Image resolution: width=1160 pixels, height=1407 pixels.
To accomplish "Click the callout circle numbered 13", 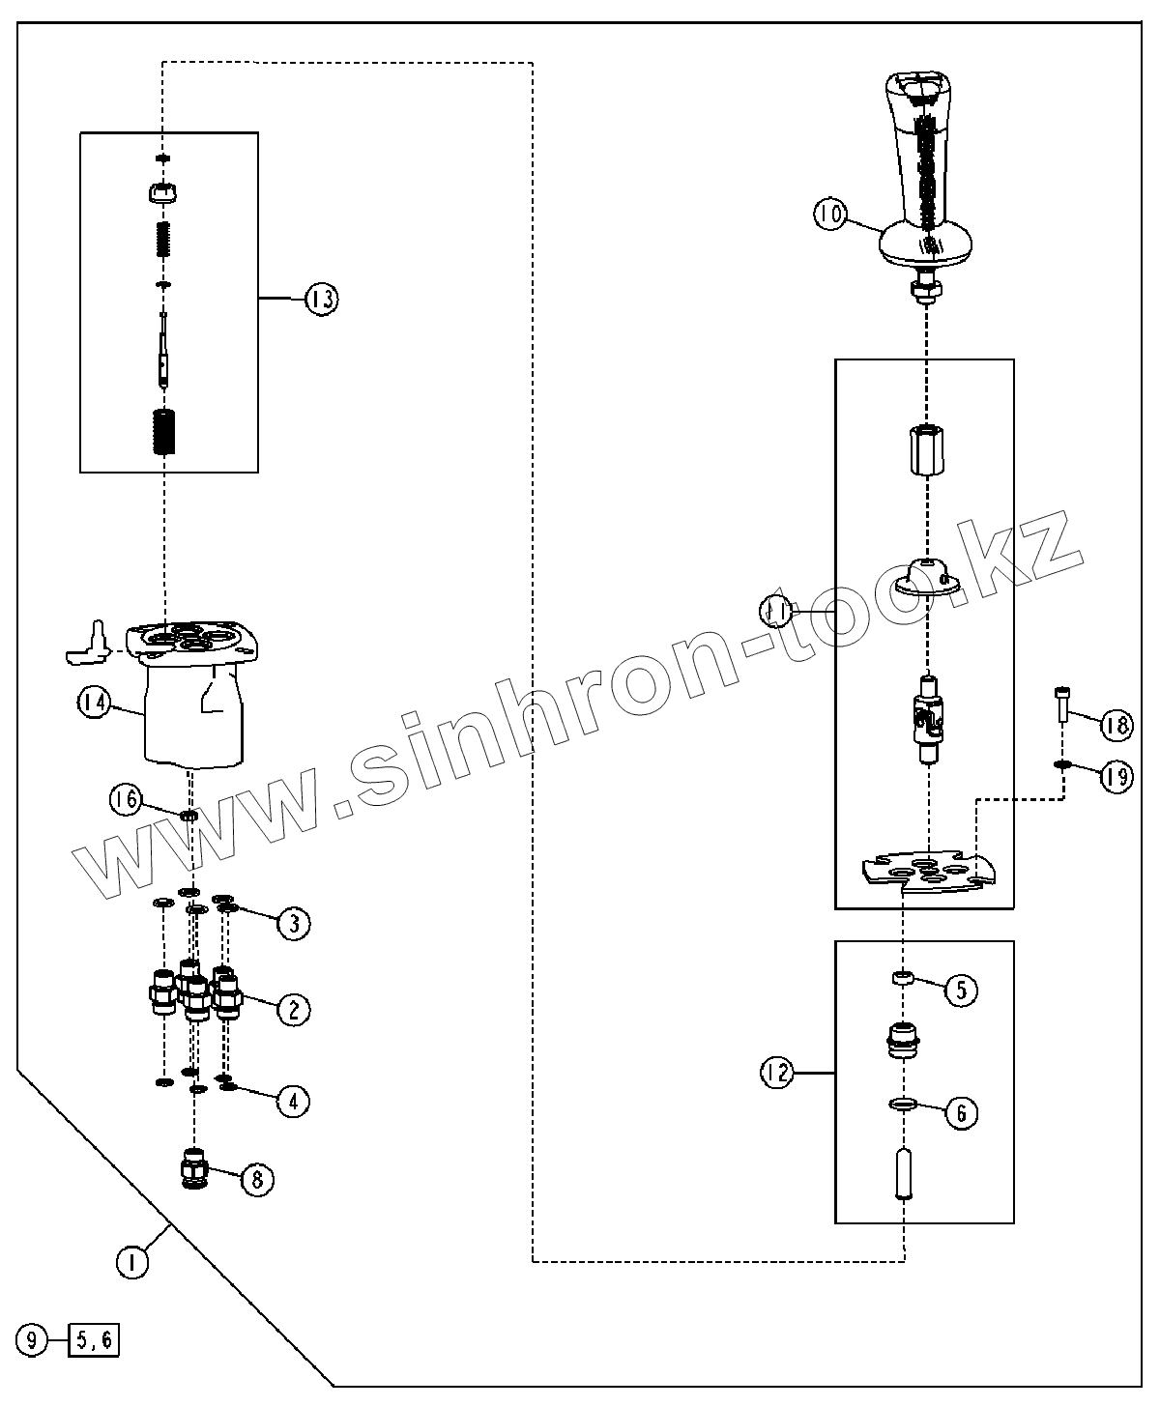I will coord(321,300).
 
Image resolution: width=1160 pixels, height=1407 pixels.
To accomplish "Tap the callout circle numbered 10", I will coord(829,214).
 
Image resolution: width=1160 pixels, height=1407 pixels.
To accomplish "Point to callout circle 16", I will coord(126,799).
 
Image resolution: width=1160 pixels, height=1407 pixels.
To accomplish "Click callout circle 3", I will coord(294,923).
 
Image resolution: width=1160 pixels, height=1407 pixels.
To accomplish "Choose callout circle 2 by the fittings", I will coord(294,1010).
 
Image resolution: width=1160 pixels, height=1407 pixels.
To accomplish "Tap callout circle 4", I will coord(294,1100).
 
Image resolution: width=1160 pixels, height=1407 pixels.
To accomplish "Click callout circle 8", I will coord(257,1179).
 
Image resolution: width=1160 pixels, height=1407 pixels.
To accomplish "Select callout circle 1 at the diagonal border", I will coord(132,1262).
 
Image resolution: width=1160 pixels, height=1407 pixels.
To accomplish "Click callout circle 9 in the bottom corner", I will coord(33,1341).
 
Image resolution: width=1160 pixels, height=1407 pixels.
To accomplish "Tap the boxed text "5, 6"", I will coord(94,1341).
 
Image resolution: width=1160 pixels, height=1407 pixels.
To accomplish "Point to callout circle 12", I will coord(775,1073).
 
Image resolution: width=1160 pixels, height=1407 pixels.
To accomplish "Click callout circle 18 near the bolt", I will coord(1116,725).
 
